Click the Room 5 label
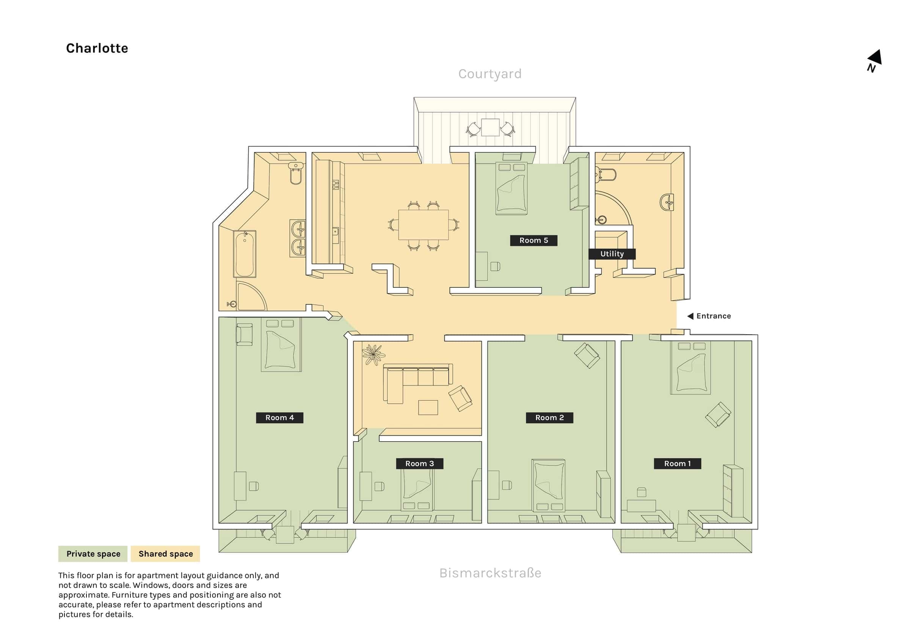tap(533, 240)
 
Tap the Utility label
tap(612, 254)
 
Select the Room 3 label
tap(420, 464)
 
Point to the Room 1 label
tap(677, 464)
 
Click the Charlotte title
tap(97, 48)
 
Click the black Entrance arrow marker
tap(690, 316)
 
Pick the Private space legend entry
tap(93, 554)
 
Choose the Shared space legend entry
tap(166, 554)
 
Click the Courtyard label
tap(490, 74)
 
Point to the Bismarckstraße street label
tap(490, 573)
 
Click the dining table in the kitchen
tap(423, 225)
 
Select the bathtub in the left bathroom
tap(245, 254)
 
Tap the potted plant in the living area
tap(373, 354)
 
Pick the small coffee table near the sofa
tap(428, 407)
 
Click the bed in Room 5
tap(511, 188)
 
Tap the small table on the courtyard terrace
tap(490, 127)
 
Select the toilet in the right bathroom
tap(606, 174)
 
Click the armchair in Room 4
tap(244, 335)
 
